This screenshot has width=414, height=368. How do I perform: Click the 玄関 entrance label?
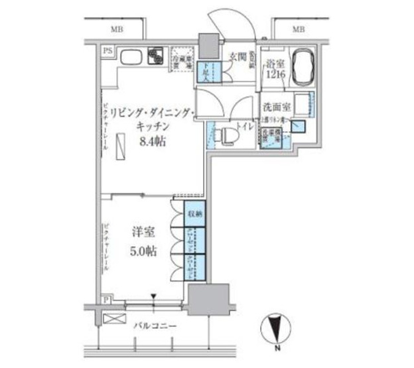click(238, 55)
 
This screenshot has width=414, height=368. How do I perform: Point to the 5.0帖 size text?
click(144, 253)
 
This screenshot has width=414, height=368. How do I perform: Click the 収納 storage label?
click(194, 214)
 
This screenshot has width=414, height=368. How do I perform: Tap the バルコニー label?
click(152, 326)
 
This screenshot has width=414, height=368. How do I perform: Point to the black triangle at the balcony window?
click(153, 296)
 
